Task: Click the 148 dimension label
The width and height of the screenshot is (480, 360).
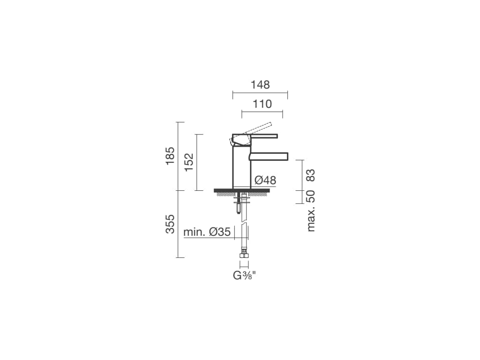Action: (x=260, y=84)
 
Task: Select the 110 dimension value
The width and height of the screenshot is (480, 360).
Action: (x=262, y=104)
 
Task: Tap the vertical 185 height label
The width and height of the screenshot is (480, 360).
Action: (x=170, y=156)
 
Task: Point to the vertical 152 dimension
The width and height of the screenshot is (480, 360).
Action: (x=189, y=162)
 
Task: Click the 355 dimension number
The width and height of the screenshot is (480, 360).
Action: (x=170, y=224)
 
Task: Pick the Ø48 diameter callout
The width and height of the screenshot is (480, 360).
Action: (x=265, y=180)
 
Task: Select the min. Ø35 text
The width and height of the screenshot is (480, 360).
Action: (x=207, y=232)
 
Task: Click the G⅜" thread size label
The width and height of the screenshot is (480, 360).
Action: (x=244, y=276)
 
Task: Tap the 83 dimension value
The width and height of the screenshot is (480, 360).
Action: (x=311, y=175)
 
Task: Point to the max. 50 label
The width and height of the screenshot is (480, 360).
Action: (x=311, y=211)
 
